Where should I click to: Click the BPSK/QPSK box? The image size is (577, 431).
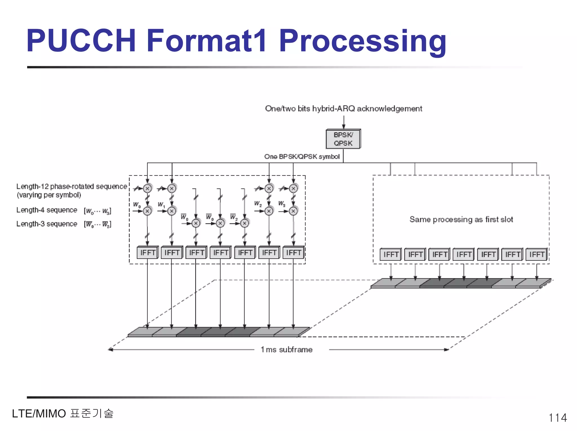343,139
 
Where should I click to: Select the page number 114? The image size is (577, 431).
558,417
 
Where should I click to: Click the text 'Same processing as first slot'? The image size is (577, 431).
461,219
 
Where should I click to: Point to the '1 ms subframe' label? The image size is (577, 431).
287,350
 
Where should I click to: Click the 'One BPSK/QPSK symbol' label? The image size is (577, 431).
302,157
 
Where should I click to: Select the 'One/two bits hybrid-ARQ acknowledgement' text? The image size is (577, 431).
343,109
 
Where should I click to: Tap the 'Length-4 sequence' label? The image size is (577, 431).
47,210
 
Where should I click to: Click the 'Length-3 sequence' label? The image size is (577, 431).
47,224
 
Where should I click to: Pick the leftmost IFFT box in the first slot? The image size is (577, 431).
148,253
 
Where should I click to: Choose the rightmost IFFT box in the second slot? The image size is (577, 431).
536,254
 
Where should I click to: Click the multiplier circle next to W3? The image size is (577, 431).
293,211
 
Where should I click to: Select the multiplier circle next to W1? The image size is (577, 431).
172,211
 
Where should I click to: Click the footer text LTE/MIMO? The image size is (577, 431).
39,414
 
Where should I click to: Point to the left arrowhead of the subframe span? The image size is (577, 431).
110,350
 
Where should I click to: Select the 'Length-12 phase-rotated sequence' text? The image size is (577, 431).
72,186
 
